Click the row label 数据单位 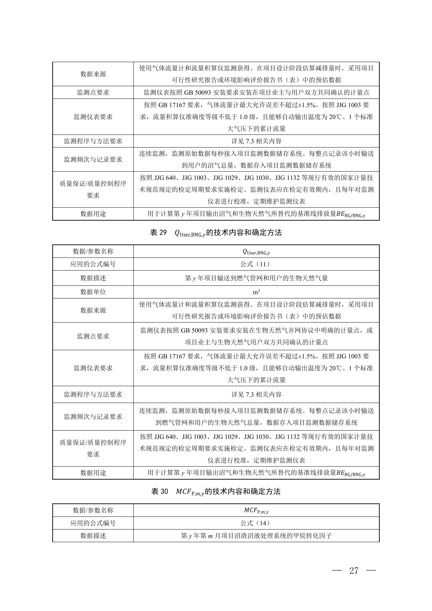click(x=93, y=292)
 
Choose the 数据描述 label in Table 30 click(x=93, y=536)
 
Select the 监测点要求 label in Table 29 click(x=93, y=336)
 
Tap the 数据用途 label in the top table click(x=93, y=214)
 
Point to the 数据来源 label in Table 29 click(x=93, y=310)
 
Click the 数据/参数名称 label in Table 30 click(x=93, y=510)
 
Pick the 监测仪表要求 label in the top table click(x=93, y=117)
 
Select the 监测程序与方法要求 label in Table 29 click(x=93, y=394)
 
